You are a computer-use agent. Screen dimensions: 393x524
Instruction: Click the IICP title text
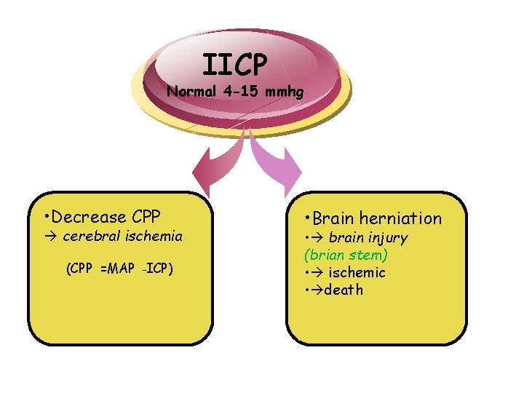pyautogui.click(x=235, y=65)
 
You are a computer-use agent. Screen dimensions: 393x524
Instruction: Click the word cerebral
pyautogui.click(x=90, y=236)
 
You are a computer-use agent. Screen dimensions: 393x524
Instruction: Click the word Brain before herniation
pyautogui.click(x=333, y=218)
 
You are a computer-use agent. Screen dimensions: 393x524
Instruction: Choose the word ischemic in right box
pyautogui.click(x=357, y=272)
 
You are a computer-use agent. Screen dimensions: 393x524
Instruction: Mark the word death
pyautogui.click(x=344, y=290)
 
